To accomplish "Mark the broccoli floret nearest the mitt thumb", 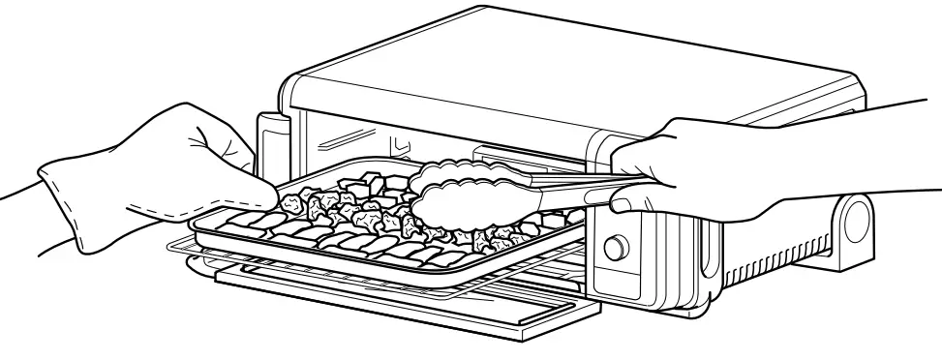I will (x=290, y=202).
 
